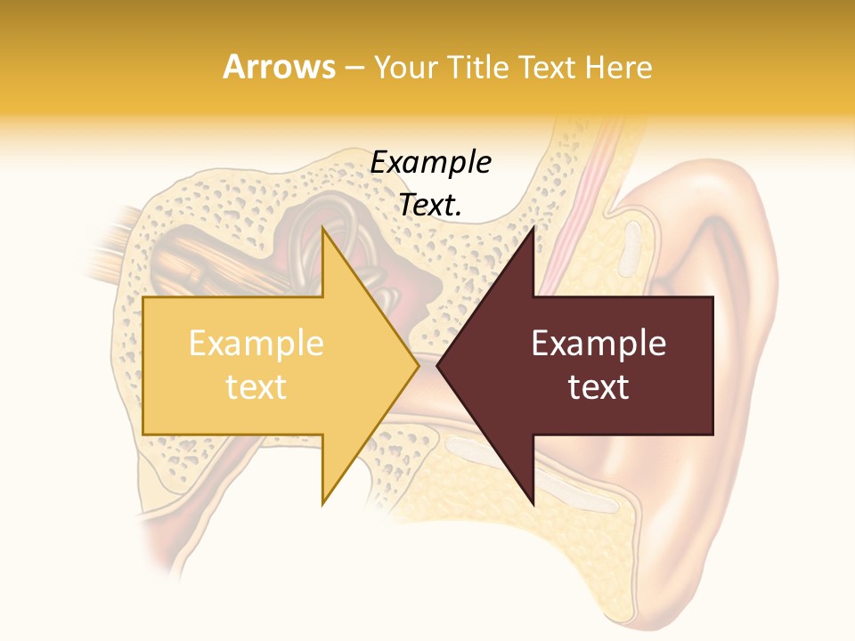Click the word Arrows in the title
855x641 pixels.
coord(279,67)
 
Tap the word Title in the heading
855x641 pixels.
coord(477,68)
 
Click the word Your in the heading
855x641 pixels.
coord(405,68)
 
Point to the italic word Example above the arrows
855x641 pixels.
coord(431,163)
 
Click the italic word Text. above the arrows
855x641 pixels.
coord(431,205)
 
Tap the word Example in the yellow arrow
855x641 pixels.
coord(256,344)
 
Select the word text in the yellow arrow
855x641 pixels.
coord(256,386)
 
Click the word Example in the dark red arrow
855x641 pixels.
coord(598,344)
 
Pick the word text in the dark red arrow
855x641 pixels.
coord(598,386)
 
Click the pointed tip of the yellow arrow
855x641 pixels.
coord(417,365)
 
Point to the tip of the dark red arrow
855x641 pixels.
coord(439,365)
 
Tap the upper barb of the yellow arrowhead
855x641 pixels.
coord(324,233)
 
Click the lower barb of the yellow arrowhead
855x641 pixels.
coord(324,500)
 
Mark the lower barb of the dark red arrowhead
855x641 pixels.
coord(532,501)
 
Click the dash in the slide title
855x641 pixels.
coord(354,68)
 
